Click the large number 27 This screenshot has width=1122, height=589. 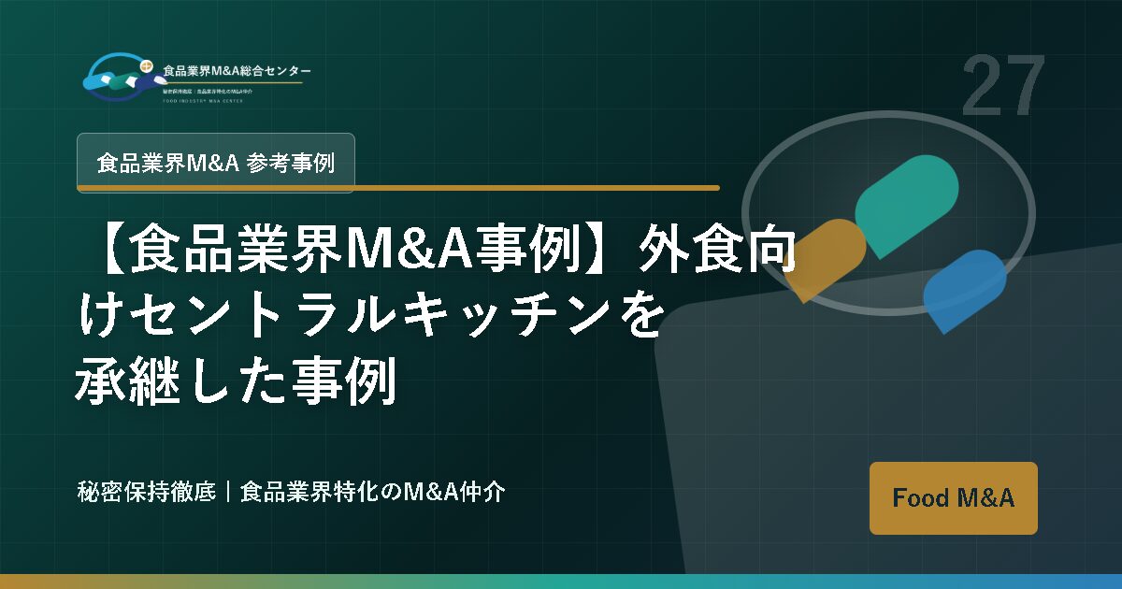point(1002,86)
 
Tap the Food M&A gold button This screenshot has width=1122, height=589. point(953,498)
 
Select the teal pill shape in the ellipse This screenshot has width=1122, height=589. point(906,206)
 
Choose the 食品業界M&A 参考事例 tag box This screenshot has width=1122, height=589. point(215,163)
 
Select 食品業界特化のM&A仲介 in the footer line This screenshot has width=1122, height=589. point(373,492)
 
